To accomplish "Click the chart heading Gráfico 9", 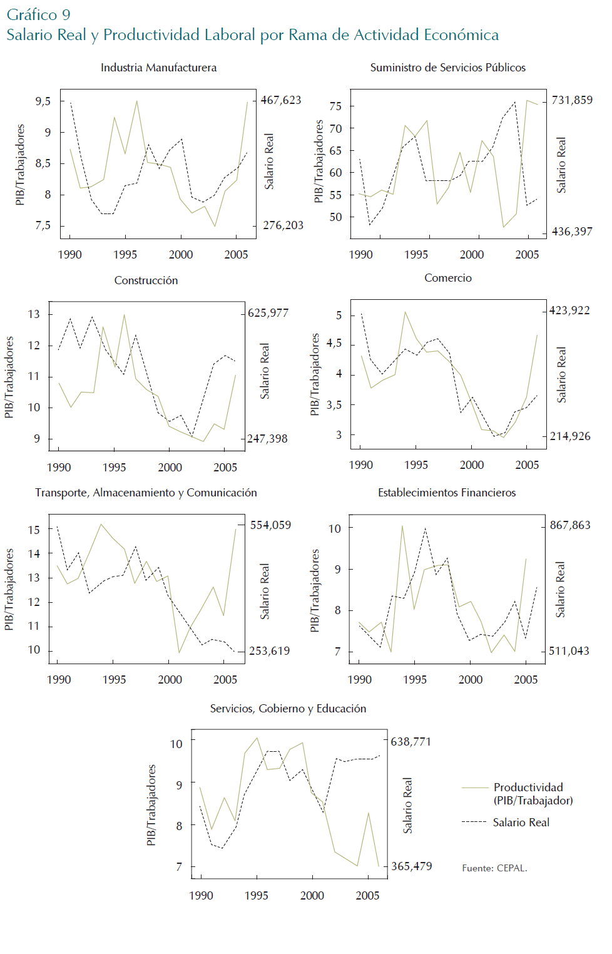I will [x=38, y=14].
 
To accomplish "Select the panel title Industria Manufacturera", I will [x=158, y=68].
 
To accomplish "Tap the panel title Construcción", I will [x=146, y=280].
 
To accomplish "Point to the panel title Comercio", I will [x=448, y=278].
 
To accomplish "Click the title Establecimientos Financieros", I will [x=447, y=493].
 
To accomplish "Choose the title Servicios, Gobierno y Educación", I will [x=288, y=709].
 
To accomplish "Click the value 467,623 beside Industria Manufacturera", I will [x=281, y=100].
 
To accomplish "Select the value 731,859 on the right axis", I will [x=572, y=100].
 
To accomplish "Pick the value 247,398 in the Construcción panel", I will [x=268, y=439].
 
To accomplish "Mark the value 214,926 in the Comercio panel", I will [x=570, y=436].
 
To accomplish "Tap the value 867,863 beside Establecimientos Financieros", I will [x=570, y=525].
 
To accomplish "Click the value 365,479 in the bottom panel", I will [x=412, y=866].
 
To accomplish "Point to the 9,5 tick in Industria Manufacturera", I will [x=43, y=101].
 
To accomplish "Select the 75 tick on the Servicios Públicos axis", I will [x=335, y=106].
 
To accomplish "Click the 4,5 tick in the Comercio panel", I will [x=335, y=343].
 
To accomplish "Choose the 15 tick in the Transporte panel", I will [x=34, y=530].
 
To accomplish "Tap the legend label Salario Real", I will [x=521, y=823].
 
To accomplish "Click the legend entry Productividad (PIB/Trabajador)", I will [x=532, y=794].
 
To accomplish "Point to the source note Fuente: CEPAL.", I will [x=494, y=868].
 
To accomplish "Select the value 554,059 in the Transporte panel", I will [x=270, y=525].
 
